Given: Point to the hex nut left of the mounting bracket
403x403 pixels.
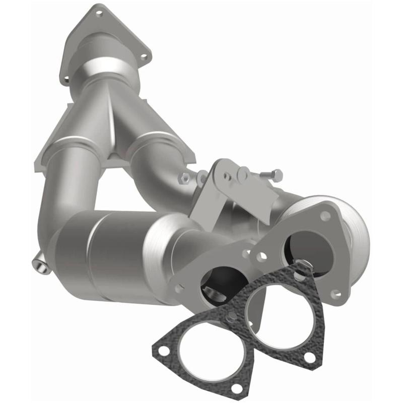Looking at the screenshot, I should (185, 178).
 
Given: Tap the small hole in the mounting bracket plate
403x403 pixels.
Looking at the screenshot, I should (229, 177).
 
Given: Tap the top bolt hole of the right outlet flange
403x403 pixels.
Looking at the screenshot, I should (325, 215).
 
